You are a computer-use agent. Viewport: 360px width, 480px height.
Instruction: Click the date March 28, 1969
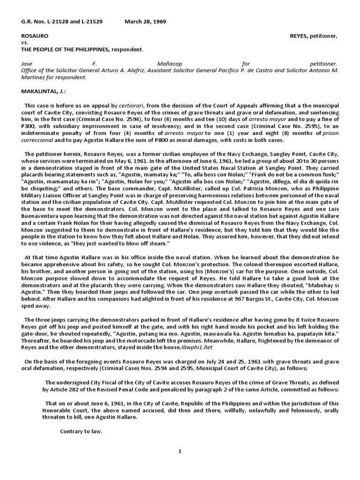click(x=145, y=22)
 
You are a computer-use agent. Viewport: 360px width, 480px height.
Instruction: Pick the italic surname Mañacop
click(x=168, y=63)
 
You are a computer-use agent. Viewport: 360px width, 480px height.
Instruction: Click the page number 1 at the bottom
click(x=180, y=451)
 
